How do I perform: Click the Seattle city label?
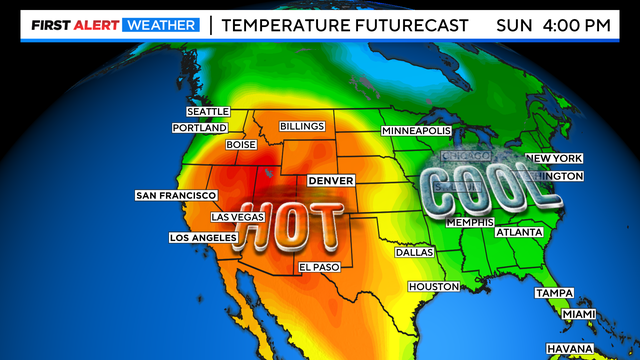click(x=208, y=111)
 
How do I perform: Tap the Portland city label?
click(x=199, y=128)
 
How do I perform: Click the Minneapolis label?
click(x=417, y=131)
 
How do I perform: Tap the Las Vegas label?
click(x=238, y=217)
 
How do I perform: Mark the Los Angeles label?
click(x=201, y=238)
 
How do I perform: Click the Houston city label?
click(x=433, y=287)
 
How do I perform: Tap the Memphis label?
click(x=470, y=222)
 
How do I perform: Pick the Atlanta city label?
click(x=518, y=232)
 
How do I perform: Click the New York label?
click(x=553, y=158)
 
